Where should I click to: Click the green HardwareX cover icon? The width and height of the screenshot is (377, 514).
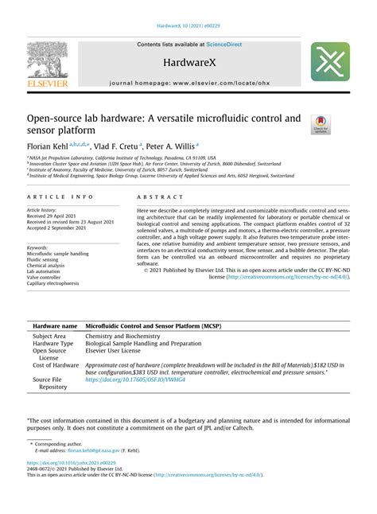(330, 62)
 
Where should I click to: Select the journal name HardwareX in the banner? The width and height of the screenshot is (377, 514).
(188, 61)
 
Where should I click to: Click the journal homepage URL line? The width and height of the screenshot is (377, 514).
(188, 83)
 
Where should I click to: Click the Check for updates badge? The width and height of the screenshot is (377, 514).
(320, 123)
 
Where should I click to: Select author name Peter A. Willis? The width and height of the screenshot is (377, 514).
(169, 146)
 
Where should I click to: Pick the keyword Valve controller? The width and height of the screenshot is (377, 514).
(48, 277)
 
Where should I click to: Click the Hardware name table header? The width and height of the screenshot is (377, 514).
(54, 327)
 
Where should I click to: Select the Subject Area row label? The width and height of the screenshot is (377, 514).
(49, 337)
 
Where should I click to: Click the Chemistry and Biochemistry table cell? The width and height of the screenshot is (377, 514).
(122, 337)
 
